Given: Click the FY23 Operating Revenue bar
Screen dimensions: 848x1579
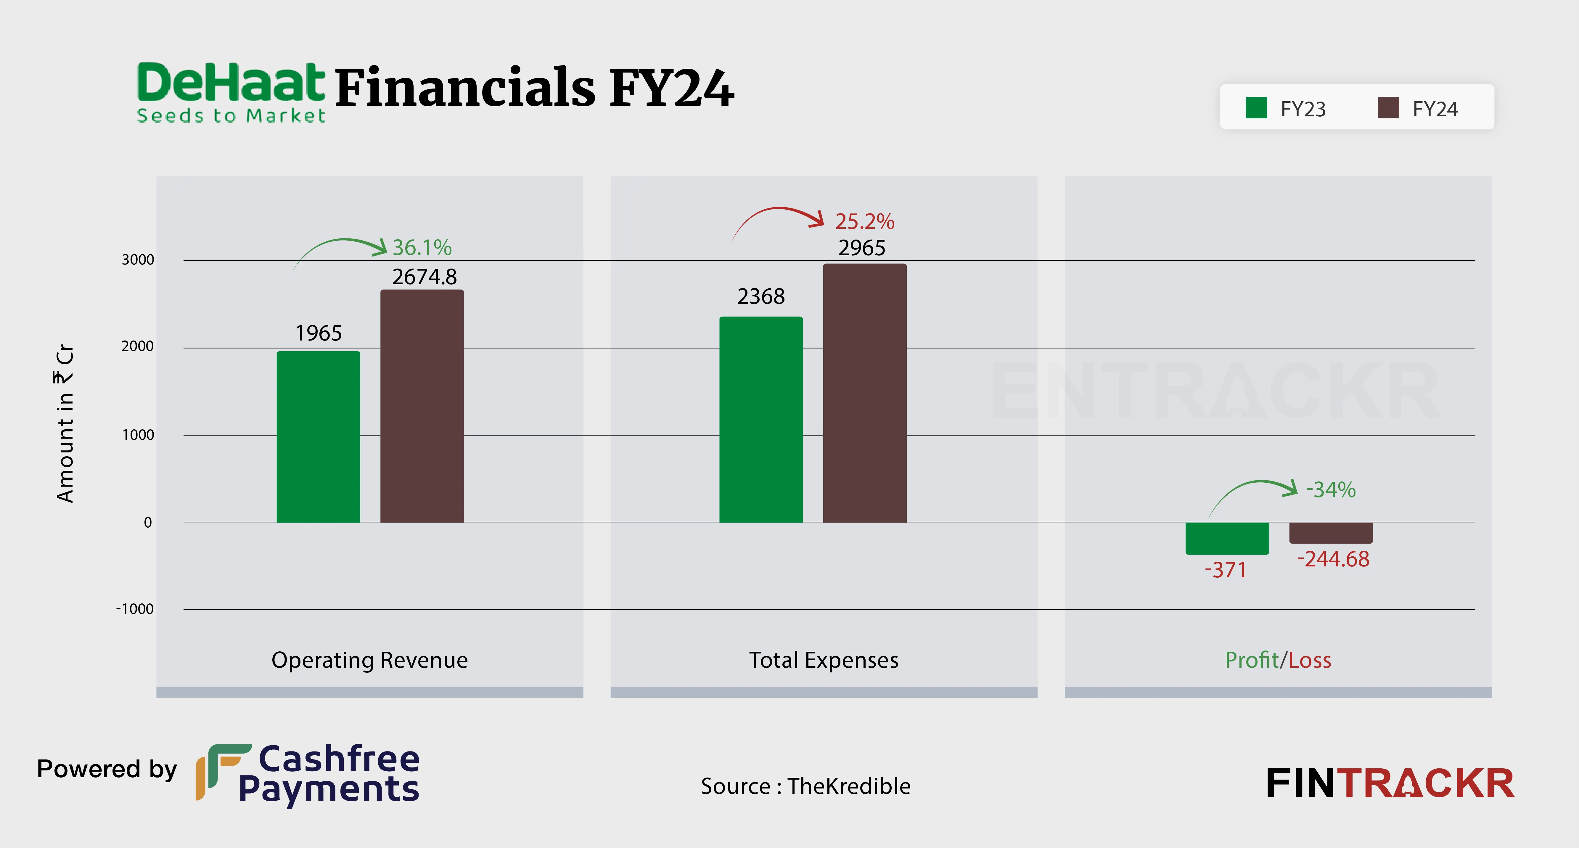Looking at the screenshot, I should pos(318,436).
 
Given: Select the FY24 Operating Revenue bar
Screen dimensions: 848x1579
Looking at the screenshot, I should pos(422,406).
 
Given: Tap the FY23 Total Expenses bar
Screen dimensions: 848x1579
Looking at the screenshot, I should pos(761,419).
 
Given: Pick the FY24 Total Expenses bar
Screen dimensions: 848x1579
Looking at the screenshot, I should pos(864,393).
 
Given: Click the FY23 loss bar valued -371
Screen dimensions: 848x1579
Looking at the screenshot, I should pos(1226,538).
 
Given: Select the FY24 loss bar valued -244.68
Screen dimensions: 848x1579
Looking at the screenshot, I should pos(1331,532).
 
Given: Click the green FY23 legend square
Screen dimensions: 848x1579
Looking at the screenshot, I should pos(1256,108).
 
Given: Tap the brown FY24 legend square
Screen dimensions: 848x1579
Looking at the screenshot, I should pos(1388,108).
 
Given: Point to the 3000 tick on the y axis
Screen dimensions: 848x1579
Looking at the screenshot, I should pos(138,259).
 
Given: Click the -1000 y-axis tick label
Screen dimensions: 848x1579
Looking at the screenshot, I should pos(135,609).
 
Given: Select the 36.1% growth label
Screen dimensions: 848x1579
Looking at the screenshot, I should pos(422,248).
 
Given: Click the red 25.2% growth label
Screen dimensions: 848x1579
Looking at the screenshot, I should pos(864,221).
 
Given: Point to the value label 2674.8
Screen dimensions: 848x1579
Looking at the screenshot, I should pos(424,277).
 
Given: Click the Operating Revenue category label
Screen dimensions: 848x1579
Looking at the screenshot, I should pos(370,660).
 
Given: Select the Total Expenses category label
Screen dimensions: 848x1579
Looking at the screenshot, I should pos(823,660).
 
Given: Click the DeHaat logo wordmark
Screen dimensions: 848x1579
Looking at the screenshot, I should pos(231,92).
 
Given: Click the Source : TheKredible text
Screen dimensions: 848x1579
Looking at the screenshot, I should pos(805,786).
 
